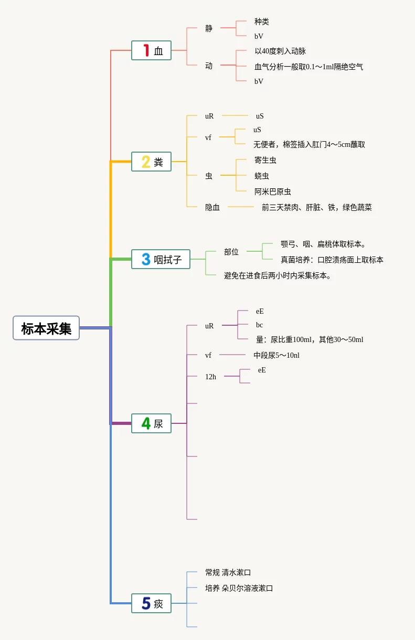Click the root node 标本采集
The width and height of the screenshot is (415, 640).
(46, 328)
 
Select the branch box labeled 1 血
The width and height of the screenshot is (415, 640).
(151, 50)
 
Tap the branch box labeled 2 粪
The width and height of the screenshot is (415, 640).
(151, 162)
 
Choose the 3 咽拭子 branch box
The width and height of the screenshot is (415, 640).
(161, 259)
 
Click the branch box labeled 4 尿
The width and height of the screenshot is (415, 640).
(151, 423)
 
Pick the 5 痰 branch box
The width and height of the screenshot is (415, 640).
(151, 603)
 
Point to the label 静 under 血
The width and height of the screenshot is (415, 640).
(209, 28)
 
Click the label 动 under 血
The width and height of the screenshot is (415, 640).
(209, 66)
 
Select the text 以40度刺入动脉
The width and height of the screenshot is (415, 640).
(280, 51)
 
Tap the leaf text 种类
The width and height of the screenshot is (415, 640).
(261, 22)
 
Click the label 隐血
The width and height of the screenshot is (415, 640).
(212, 207)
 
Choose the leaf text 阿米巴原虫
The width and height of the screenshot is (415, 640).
(272, 191)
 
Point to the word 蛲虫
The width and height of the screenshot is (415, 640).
(261, 176)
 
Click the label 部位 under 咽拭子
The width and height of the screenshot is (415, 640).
(231, 252)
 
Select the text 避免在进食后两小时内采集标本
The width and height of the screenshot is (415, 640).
(278, 275)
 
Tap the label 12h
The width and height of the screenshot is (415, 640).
(210, 377)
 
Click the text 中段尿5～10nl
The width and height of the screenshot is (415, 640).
(276, 355)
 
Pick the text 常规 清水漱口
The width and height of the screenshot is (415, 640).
(228, 572)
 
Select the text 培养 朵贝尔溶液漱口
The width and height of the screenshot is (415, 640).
(239, 588)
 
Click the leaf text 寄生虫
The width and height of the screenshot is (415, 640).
(265, 160)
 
